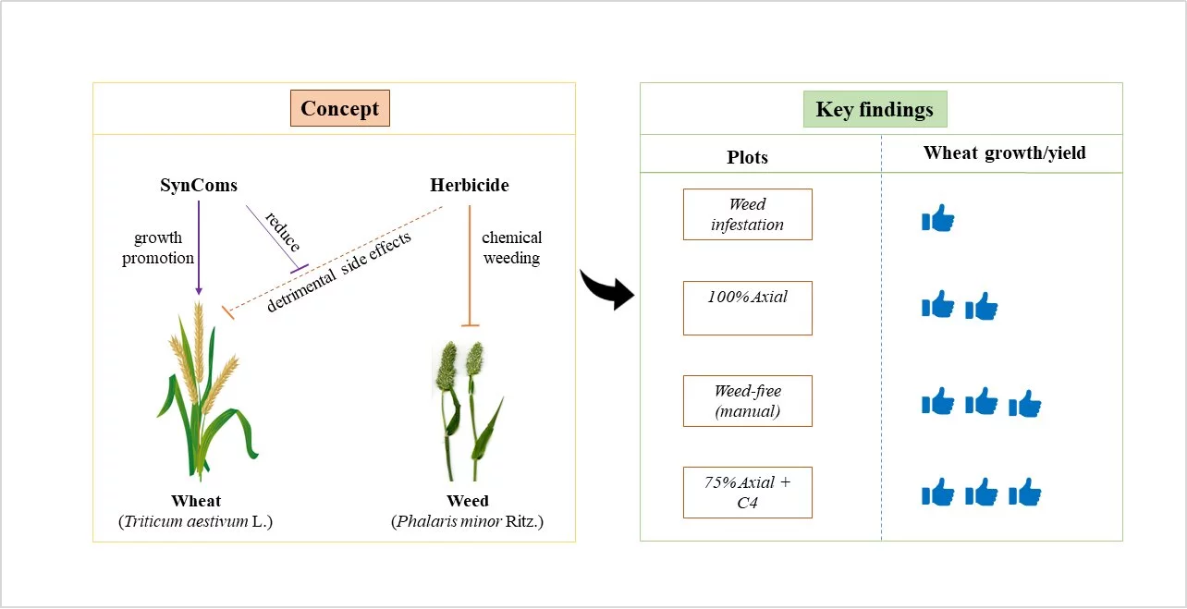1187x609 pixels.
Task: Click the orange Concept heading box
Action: click(339, 109)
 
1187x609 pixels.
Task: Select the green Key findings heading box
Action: click(875, 110)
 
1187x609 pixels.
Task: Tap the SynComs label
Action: click(199, 185)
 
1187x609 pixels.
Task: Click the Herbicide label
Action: click(470, 185)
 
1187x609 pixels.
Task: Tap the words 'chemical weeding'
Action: click(511, 248)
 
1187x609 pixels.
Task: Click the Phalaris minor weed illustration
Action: click(468, 407)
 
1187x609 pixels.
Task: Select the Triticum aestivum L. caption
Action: click(196, 522)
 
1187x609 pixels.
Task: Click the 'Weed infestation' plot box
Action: click(747, 214)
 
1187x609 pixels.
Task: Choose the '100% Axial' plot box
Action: click(747, 308)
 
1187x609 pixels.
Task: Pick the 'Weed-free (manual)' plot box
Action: click(747, 401)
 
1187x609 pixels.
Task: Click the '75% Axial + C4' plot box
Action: click(747, 493)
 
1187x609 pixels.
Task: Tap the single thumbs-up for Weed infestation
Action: click(937, 218)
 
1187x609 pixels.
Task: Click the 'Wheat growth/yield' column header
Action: click(1004, 153)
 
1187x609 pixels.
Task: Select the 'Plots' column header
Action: click(747, 157)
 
